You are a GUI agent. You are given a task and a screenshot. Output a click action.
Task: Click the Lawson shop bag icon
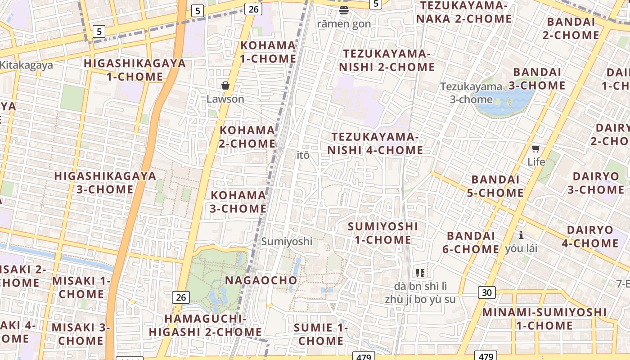point(225,85)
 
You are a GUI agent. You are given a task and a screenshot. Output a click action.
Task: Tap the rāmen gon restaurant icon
point(344,10)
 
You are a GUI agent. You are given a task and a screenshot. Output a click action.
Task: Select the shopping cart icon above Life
point(535,148)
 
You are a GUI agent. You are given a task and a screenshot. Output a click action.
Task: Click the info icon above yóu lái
point(521,235)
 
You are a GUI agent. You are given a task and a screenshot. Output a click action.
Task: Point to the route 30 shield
point(486,292)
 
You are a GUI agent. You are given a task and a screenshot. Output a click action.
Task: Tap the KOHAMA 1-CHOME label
point(268,52)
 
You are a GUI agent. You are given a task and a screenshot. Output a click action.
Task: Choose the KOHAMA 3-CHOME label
point(238,202)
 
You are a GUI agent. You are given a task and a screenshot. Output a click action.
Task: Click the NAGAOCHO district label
point(261,280)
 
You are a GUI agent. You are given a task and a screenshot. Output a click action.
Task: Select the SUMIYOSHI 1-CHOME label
point(383,233)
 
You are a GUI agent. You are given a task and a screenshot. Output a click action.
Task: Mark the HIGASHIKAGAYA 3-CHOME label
point(105,182)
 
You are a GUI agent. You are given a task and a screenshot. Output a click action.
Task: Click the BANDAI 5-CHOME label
point(497,186)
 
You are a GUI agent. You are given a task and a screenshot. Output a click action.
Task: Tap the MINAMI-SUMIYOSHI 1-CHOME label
point(544,319)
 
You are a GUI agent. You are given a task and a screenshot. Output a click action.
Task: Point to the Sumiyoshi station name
point(287,241)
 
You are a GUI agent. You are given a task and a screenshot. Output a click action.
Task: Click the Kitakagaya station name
point(26,65)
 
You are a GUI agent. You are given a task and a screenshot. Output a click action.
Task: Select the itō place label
point(303,155)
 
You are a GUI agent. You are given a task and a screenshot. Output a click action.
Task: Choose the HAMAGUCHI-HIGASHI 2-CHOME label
point(205,325)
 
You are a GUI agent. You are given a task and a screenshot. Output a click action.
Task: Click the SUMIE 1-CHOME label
point(320,334)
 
